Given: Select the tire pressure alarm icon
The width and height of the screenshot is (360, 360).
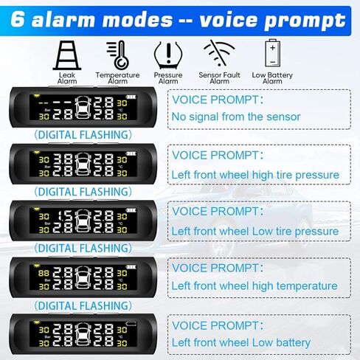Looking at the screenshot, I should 167,54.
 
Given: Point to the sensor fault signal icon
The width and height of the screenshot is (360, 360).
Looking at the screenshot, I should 217,53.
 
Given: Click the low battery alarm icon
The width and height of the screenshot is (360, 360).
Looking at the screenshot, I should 272,53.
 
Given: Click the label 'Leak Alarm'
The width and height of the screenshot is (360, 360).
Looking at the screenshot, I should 67,77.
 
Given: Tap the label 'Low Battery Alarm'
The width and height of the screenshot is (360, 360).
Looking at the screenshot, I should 272,77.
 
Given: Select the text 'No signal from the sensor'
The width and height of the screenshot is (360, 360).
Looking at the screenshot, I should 236,117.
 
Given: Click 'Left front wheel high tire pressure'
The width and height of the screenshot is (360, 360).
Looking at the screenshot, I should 255,175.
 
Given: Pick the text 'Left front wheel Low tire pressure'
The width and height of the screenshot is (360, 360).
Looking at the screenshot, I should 255,231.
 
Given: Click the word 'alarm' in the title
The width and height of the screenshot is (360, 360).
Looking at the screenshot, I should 65,20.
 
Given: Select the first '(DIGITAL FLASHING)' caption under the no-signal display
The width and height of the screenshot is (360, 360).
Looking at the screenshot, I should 83,134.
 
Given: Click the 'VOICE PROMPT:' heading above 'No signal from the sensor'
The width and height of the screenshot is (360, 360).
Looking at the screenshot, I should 216,99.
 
